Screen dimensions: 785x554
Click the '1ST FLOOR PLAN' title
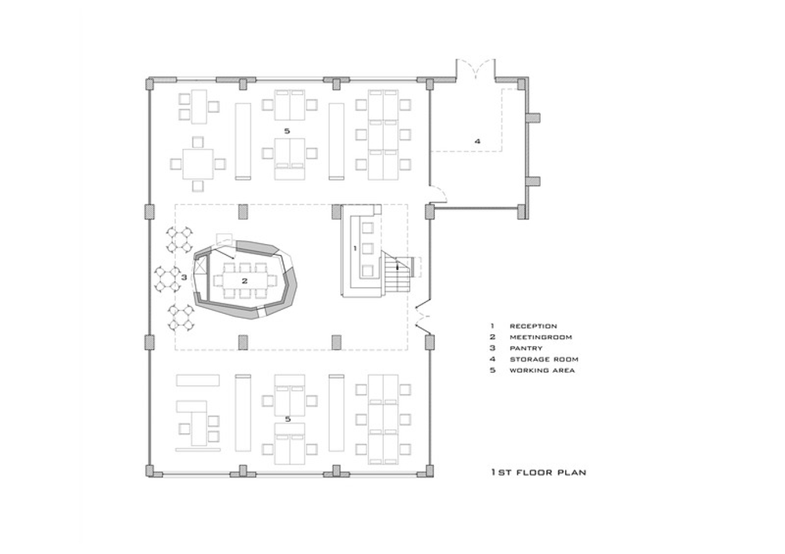point(539,472)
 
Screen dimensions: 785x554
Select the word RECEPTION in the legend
point(533,326)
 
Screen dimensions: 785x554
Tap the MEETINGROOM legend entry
point(541,337)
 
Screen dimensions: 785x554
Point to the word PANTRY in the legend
point(526,348)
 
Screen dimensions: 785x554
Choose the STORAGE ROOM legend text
point(544,359)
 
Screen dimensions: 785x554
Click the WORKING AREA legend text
point(542,370)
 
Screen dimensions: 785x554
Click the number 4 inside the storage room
point(477,141)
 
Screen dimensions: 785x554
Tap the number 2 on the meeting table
point(245,281)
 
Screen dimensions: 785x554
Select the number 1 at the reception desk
point(355,248)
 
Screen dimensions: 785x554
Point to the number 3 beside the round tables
point(184,277)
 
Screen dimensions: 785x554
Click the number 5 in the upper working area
point(287,131)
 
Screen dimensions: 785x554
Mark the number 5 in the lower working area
point(288,419)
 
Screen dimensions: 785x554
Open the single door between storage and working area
point(436,194)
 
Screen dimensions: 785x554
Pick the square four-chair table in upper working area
point(198,164)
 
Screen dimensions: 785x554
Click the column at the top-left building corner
point(150,83)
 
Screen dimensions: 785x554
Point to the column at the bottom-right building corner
point(429,471)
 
